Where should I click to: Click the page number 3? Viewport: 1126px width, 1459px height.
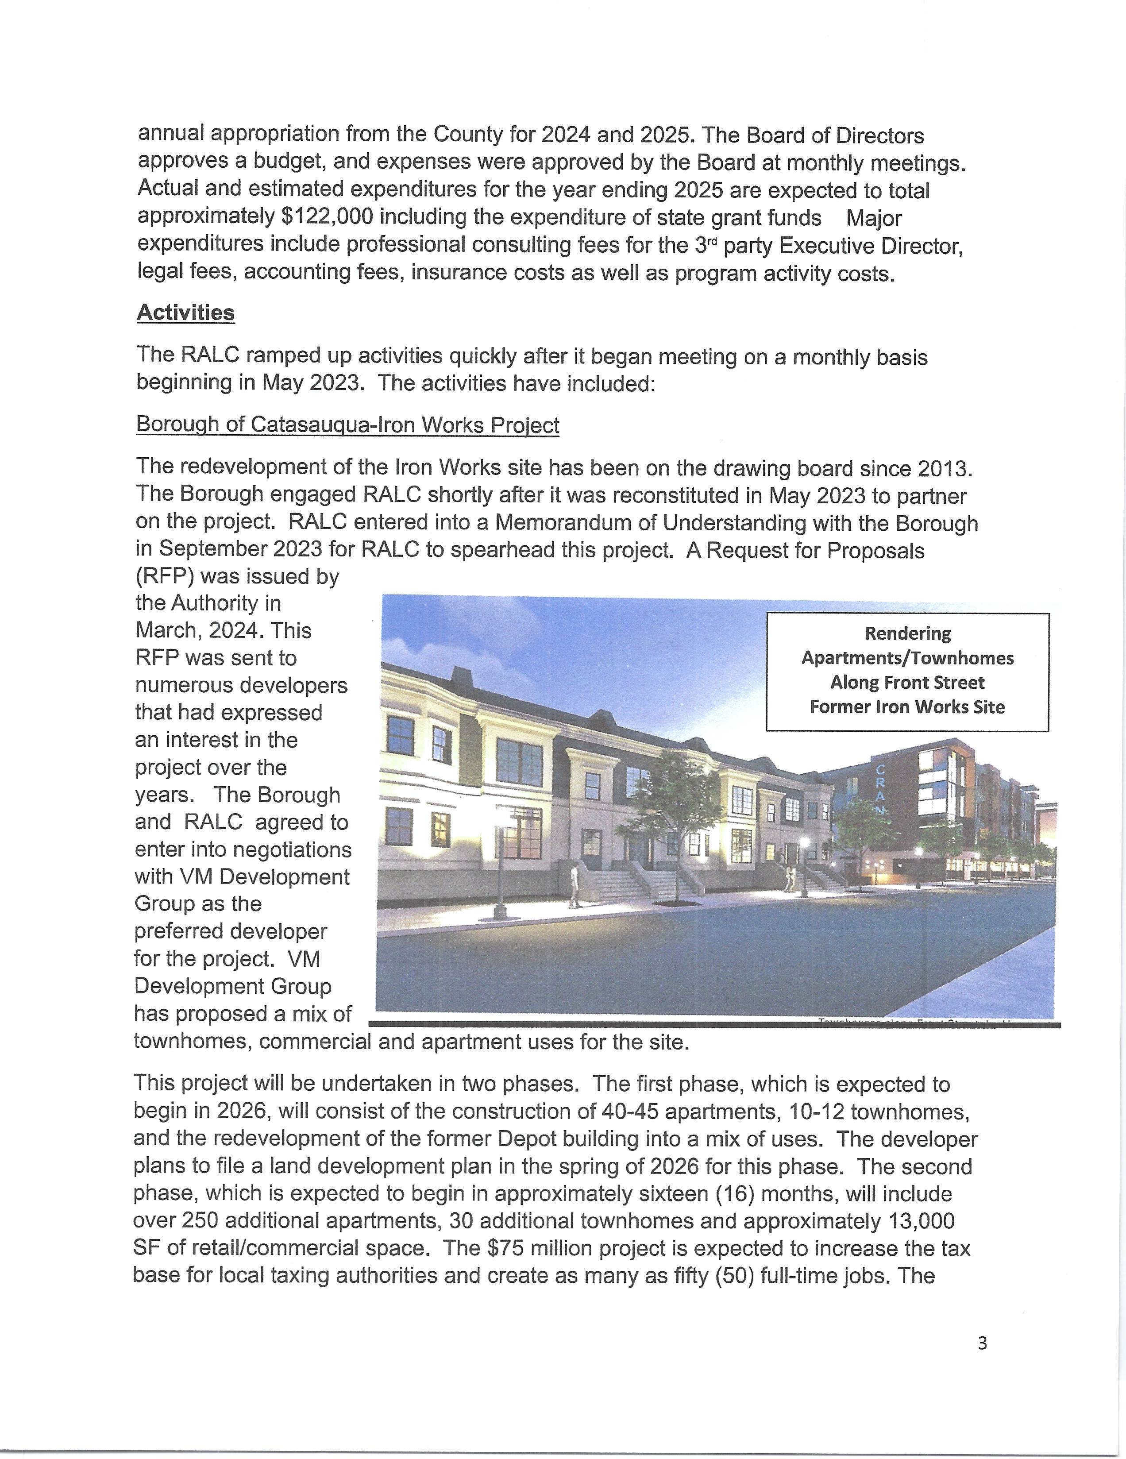[x=982, y=1343]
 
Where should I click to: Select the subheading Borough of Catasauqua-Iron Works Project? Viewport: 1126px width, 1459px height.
[x=347, y=425]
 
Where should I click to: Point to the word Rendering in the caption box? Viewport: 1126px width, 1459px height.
[x=908, y=633]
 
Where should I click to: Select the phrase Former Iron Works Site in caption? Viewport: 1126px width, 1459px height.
[x=907, y=707]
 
